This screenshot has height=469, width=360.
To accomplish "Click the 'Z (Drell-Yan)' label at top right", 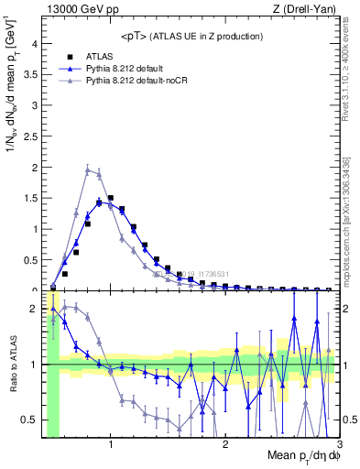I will (305, 9).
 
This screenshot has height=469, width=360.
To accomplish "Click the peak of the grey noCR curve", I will (88, 169).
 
